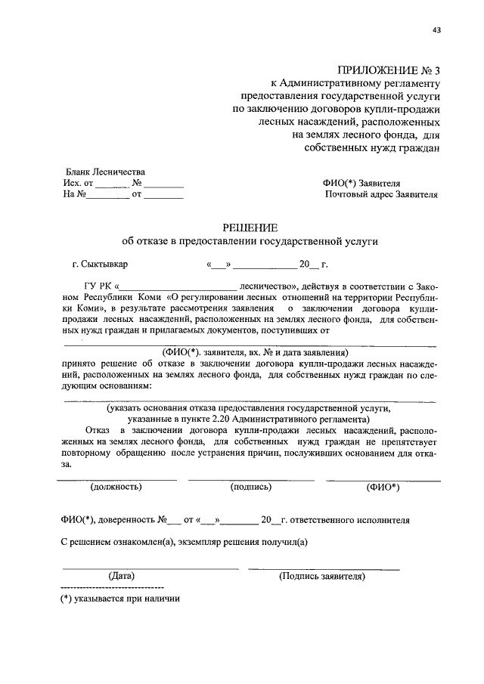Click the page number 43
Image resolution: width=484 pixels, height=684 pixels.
(436, 30)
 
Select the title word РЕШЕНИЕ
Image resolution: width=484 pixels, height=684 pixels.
(250, 227)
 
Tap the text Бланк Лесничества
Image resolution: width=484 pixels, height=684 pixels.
(104, 172)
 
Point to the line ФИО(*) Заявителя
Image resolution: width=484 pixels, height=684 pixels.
(361, 183)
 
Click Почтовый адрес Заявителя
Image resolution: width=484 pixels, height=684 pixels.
(381, 194)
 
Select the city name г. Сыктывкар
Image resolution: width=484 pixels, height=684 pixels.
(101, 265)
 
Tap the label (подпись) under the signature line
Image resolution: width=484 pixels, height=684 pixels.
(250, 487)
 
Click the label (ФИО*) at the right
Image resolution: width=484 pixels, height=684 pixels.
(383, 487)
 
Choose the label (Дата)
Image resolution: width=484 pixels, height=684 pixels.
(121, 576)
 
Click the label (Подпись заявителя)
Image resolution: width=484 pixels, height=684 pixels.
(322, 576)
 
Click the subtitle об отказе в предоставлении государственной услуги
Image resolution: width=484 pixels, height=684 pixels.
(250, 241)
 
